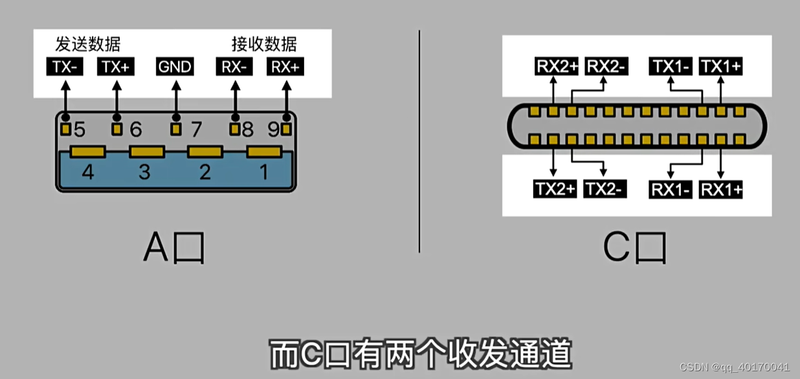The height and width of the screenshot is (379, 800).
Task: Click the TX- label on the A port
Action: point(65,67)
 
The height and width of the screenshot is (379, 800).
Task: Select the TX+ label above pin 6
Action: point(116,67)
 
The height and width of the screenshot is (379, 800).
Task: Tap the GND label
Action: point(175,67)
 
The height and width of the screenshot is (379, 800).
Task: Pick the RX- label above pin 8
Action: point(234,67)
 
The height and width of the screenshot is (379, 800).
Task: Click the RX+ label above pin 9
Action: point(285,67)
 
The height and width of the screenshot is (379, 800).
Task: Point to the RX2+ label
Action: point(556,66)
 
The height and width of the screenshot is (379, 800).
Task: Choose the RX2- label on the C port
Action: point(606,66)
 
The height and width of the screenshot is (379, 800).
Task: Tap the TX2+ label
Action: point(555,189)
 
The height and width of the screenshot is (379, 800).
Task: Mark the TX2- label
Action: point(605,189)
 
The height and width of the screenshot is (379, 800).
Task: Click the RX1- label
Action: point(671,189)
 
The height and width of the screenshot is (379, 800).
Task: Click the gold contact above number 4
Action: point(87,152)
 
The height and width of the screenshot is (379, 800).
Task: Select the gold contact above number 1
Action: point(265,152)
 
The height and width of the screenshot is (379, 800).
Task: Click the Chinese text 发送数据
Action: point(88,44)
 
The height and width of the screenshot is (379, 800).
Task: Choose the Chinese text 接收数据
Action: point(264,44)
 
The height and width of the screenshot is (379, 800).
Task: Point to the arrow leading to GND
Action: point(175,97)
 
